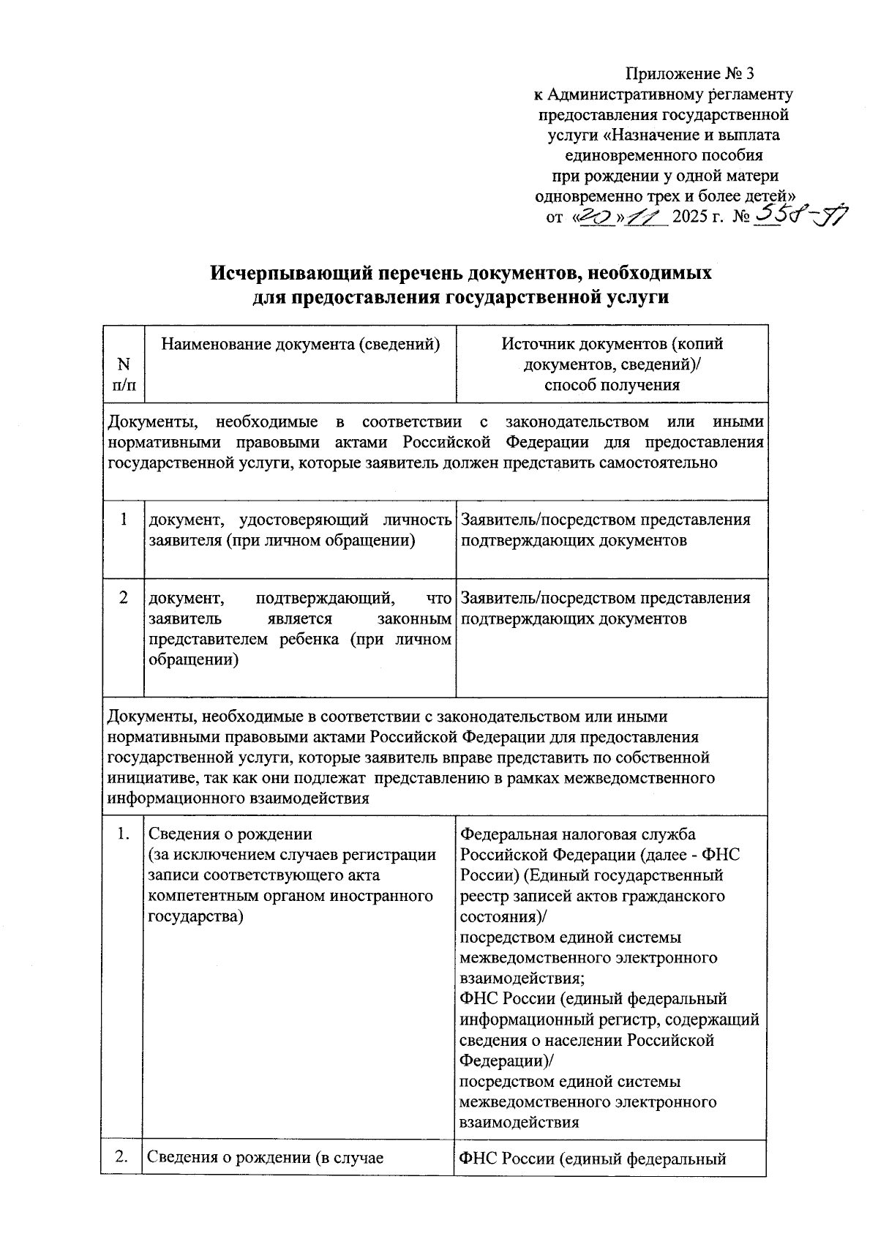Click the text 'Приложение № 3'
[x=689, y=74]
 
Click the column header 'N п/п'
[x=124, y=374]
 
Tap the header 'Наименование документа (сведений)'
[x=300, y=344]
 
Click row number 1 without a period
[x=124, y=520]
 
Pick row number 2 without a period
[x=124, y=598]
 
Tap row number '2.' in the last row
[x=123, y=1157]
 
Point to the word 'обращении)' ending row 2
[x=194, y=659]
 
